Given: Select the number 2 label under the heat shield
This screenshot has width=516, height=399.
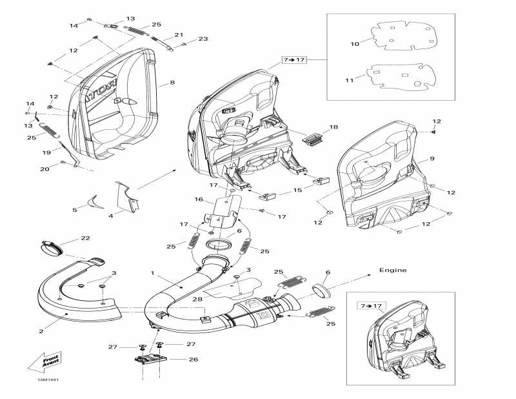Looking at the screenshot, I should [x=41, y=331].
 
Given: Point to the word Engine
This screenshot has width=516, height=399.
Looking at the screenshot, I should [x=392, y=270].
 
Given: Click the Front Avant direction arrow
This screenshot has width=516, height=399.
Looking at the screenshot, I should [x=43, y=364].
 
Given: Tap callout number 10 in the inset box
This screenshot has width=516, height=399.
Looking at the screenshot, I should [x=354, y=44].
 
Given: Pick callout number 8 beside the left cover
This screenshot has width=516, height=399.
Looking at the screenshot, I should [x=172, y=83].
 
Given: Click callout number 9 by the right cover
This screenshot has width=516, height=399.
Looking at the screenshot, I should [x=432, y=159].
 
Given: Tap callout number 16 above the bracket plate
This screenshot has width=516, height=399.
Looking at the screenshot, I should [x=199, y=200].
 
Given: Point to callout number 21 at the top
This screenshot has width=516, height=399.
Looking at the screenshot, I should [x=179, y=35].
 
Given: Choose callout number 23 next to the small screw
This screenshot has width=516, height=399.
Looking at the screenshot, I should [x=203, y=39].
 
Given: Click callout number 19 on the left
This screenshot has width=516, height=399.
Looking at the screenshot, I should [x=47, y=152].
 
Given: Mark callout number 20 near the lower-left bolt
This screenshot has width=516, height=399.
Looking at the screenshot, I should [x=45, y=169].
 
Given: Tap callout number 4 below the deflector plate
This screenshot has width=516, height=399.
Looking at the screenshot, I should [x=110, y=215].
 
